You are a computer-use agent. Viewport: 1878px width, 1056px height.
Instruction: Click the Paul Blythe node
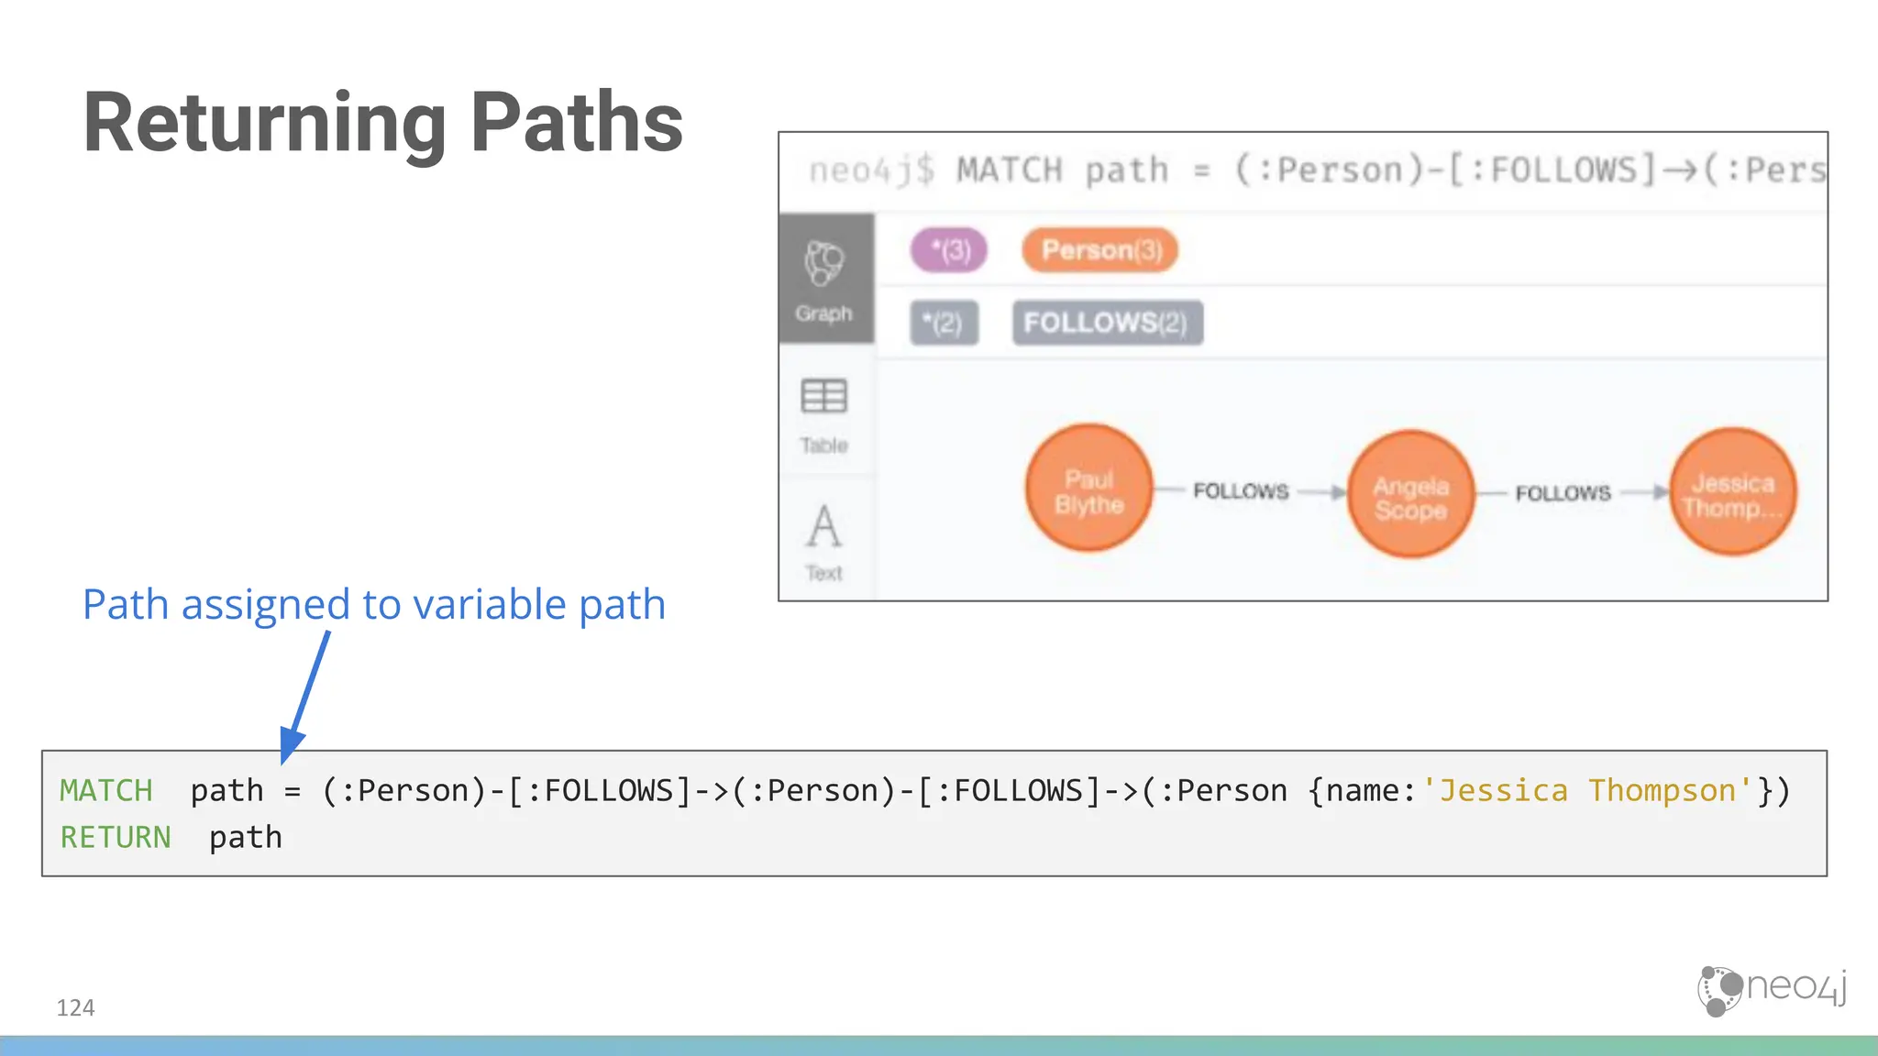[1088, 489]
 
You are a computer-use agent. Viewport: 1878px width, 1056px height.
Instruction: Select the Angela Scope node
[1410, 494]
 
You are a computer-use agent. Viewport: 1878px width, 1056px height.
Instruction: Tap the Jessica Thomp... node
[1732, 492]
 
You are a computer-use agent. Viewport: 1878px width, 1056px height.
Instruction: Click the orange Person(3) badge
[1100, 250]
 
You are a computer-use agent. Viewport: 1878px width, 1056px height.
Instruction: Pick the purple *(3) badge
[949, 250]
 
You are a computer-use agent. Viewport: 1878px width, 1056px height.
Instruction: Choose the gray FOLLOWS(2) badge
[1107, 323]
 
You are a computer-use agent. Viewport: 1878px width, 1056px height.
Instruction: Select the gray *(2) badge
[944, 323]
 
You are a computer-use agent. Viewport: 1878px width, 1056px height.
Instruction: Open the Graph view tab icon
[824, 264]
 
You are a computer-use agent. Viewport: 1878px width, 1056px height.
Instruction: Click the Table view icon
[824, 397]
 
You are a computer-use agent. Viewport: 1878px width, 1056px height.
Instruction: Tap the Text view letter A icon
[823, 527]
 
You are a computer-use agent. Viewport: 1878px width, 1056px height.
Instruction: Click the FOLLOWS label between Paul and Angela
[1241, 491]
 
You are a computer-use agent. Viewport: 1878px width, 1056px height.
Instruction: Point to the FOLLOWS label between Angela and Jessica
[1563, 493]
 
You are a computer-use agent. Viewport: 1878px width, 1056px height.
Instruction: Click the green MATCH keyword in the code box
[106, 790]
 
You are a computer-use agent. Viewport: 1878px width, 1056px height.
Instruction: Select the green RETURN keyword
[116, 837]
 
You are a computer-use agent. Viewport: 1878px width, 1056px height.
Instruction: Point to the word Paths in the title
[576, 123]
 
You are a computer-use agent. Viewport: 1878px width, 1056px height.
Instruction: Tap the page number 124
[75, 1007]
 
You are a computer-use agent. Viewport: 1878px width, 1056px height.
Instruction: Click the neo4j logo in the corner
[1771, 990]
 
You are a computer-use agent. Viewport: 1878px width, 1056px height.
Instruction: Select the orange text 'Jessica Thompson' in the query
[1587, 790]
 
